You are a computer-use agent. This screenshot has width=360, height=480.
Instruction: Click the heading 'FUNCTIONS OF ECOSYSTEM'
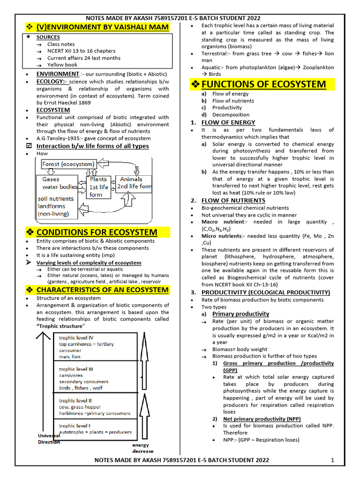click(263, 84)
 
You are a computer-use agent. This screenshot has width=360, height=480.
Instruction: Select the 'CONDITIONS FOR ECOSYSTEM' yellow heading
click(97, 232)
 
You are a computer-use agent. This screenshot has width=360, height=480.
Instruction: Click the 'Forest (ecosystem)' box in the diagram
click(68, 164)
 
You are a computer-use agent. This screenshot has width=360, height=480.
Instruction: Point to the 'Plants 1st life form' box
click(98, 187)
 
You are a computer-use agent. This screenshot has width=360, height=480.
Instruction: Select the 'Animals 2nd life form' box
click(134, 183)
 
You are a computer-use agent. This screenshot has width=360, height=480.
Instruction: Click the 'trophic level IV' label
click(76, 337)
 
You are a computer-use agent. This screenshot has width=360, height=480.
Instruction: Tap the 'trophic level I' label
click(75, 425)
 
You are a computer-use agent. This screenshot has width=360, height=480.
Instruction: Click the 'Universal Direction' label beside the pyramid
click(49, 439)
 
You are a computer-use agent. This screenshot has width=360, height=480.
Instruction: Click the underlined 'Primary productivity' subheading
click(240, 314)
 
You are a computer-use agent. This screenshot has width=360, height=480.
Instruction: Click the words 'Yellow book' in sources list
click(62, 65)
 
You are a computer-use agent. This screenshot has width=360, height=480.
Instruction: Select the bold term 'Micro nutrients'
click(222, 236)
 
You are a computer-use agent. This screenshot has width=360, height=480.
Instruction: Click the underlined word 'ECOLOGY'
click(52, 82)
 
